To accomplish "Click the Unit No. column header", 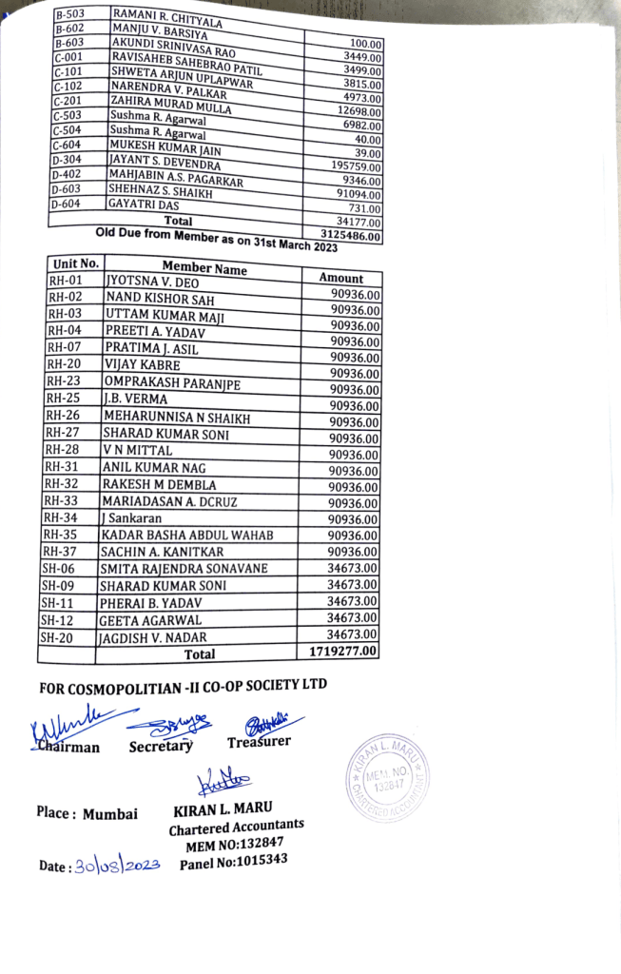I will point(76,263).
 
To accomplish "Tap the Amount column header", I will point(341,278).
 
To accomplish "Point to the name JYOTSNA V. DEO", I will point(152,282).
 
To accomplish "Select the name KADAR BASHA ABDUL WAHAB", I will point(186,535).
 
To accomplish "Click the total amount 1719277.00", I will point(343,651).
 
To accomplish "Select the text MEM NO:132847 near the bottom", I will point(235,845).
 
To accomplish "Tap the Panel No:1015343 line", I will point(233,862).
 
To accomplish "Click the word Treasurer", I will point(259,741).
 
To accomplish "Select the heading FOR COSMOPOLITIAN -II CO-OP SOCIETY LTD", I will point(189,688).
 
